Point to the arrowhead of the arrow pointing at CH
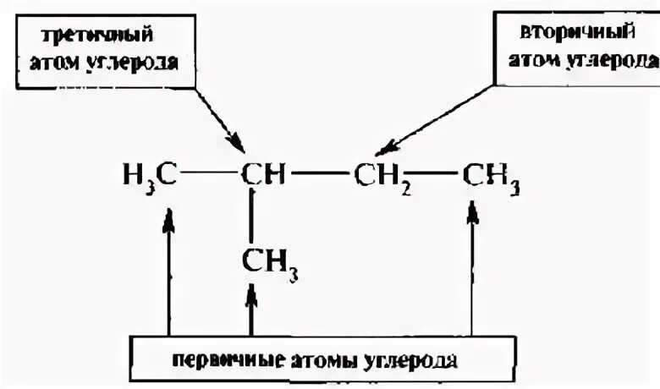tap(238, 141)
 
